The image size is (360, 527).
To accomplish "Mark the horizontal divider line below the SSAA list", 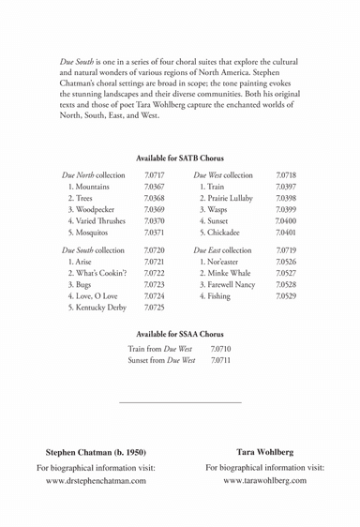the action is coord(180,402).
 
